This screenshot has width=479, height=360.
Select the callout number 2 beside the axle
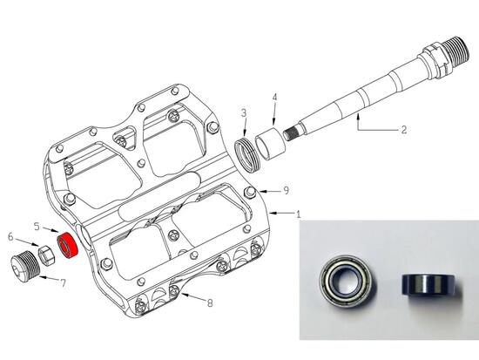pyautogui.click(x=404, y=129)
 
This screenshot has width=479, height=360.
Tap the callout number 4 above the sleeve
pyautogui.click(x=274, y=98)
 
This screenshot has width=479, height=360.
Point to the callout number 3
pyautogui.click(x=244, y=113)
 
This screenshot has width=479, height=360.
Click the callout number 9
pyautogui.click(x=286, y=191)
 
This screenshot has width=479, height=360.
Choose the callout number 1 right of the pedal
pyautogui.click(x=299, y=214)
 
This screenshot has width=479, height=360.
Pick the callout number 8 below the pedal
pyautogui.click(x=210, y=302)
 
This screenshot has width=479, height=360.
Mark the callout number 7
pyautogui.click(x=63, y=283)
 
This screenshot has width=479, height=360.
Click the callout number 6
pyautogui.click(x=10, y=236)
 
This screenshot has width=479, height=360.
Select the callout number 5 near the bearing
pyautogui.click(x=37, y=227)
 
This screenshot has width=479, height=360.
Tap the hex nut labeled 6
pyautogui.click(x=46, y=255)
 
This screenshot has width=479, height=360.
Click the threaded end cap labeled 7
pyautogui.click(x=25, y=266)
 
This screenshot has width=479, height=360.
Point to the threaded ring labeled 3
pyautogui.click(x=246, y=155)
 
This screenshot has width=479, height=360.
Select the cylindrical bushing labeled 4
pyautogui.click(x=270, y=144)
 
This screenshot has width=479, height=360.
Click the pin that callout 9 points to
pyautogui.click(x=250, y=193)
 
